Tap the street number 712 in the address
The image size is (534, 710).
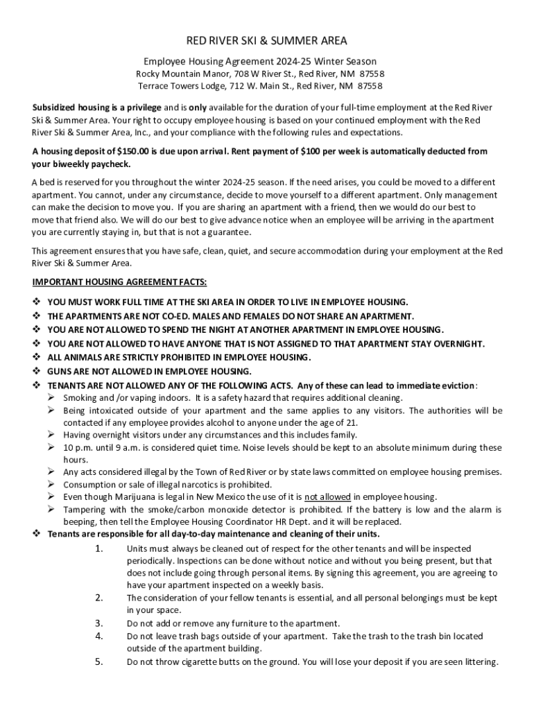(x=244, y=87)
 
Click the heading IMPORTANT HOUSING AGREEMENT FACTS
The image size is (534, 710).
(x=119, y=282)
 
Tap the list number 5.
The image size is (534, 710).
(x=100, y=661)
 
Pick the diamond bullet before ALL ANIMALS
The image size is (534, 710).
(x=37, y=358)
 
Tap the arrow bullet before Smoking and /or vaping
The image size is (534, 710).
(x=52, y=398)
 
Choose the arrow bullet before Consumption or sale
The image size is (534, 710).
(x=52, y=484)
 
